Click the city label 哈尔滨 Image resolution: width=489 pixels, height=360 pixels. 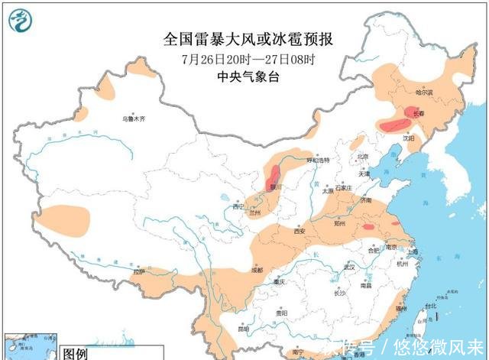[x=424, y=92]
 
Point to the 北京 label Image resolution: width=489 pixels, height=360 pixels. [x=362, y=157]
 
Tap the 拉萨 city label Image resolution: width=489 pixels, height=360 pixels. [x=138, y=271]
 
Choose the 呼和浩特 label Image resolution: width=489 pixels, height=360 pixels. [x=317, y=161]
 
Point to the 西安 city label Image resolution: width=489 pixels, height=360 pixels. [x=299, y=231]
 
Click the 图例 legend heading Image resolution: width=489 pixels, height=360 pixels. [x=76, y=354]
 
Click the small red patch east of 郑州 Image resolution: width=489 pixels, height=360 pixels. [x=369, y=226]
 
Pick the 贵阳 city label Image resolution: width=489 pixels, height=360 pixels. [x=282, y=313]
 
